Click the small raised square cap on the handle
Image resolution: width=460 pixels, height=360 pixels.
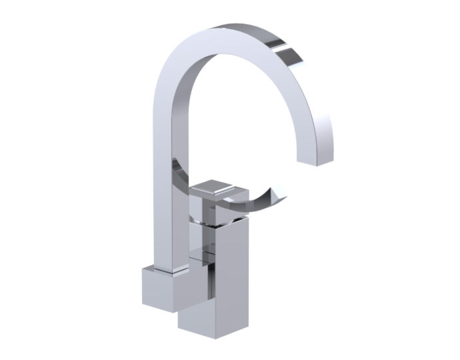point(213,189)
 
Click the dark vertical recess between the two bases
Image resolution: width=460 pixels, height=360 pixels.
point(208,280)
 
